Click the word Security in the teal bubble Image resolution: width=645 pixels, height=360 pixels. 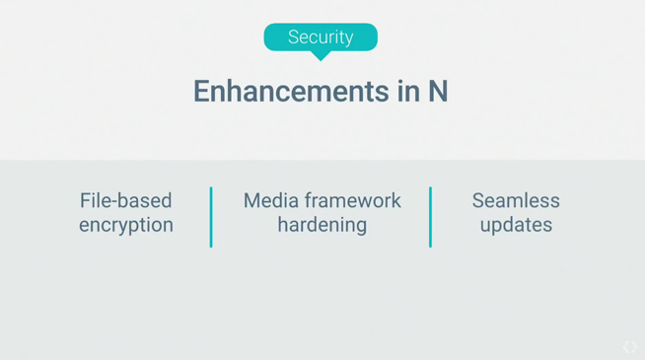[321, 37]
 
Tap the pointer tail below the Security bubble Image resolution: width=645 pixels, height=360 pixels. [321, 55]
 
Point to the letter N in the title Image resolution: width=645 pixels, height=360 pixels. [438, 91]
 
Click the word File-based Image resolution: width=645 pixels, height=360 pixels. [125, 201]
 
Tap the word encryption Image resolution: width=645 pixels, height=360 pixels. [125, 225]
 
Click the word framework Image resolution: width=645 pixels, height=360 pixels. [352, 201]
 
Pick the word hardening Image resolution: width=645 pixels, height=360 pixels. [322, 225]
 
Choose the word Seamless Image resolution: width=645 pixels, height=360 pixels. [516, 201]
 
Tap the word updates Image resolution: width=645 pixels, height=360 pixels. [516, 225]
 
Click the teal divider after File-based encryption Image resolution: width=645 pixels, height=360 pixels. [211, 217]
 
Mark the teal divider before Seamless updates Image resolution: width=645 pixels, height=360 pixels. [430, 217]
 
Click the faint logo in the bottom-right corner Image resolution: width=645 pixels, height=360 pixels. [629, 346]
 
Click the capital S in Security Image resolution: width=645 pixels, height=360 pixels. [294, 37]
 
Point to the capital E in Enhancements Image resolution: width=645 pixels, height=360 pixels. [201, 91]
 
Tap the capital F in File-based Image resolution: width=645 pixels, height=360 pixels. [85, 201]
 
